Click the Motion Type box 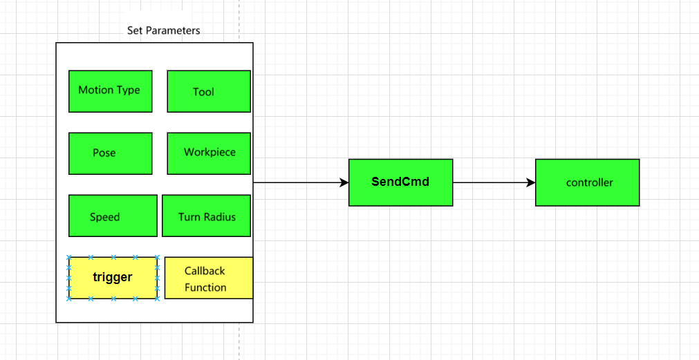click(110, 91)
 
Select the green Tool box click(208, 91)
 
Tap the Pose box click(110, 153)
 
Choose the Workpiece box click(208, 153)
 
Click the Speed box click(113, 216)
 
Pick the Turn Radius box click(207, 216)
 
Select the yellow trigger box click(113, 278)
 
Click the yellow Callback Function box click(208, 278)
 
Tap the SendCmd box click(400, 182)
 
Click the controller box click(587, 182)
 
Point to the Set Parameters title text click(164, 30)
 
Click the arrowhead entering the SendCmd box click(344, 182)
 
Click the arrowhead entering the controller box click(530, 182)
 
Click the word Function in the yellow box click(205, 287)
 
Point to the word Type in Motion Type click(129, 90)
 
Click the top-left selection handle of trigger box click(69, 257)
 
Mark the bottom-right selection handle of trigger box click(158, 299)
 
